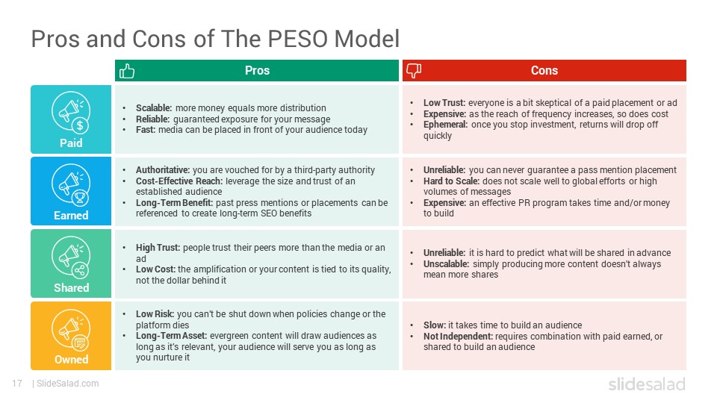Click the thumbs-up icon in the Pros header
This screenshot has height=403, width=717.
127,71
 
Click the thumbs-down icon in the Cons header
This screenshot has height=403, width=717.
414,71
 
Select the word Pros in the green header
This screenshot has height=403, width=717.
257,70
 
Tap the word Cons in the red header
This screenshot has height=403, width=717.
544,70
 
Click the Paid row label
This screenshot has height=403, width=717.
71,143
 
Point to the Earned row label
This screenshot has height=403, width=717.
71,215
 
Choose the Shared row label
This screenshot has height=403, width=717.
72,287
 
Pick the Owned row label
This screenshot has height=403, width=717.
72,360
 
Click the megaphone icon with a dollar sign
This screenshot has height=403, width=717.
71,113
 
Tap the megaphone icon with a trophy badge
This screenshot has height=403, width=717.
71,184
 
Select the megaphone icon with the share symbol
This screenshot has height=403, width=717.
71,257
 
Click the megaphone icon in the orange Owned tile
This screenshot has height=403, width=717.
71,329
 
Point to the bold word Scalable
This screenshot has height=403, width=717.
154,107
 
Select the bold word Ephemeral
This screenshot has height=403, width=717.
445,125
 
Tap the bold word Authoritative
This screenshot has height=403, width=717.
163,170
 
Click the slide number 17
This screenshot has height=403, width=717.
17,384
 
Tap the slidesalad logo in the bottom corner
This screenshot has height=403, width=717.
647,384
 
